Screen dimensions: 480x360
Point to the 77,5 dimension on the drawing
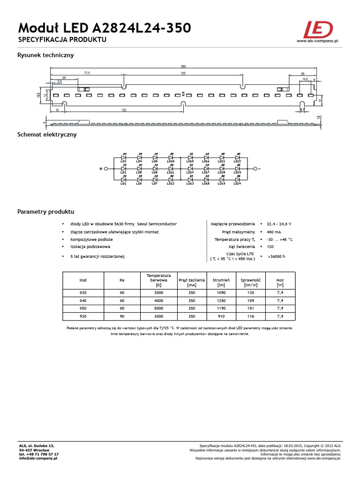(x=87, y=73)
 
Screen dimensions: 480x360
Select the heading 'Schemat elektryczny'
(x=47, y=135)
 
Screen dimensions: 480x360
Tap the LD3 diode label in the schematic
(x=123, y=161)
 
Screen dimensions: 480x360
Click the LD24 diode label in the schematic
(x=237, y=184)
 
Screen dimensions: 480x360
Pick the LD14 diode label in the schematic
(x=190, y=172)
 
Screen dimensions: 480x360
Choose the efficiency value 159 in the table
(x=250, y=300)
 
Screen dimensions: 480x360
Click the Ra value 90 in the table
(x=122, y=316)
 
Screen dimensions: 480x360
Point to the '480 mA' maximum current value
(x=275, y=232)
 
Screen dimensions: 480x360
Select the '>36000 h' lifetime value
(x=276, y=257)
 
